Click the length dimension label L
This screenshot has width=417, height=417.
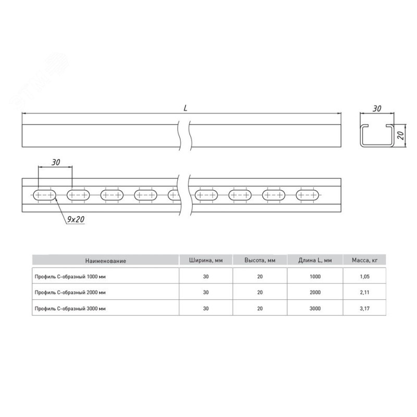click(x=186, y=108)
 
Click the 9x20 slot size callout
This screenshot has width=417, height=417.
click(x=76, y=219)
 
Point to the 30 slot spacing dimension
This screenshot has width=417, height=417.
click(x=56, y=162)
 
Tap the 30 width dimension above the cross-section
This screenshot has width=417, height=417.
click(x=377, y=108)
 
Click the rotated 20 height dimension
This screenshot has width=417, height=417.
click(x=401, y=136)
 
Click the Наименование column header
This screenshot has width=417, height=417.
click(x=106, y=261)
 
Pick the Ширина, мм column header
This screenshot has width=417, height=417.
click(x=206, y=260)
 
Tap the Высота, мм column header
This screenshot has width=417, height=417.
click(x=260, y=260)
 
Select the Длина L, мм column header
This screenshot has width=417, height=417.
click(x=315, y=260)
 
